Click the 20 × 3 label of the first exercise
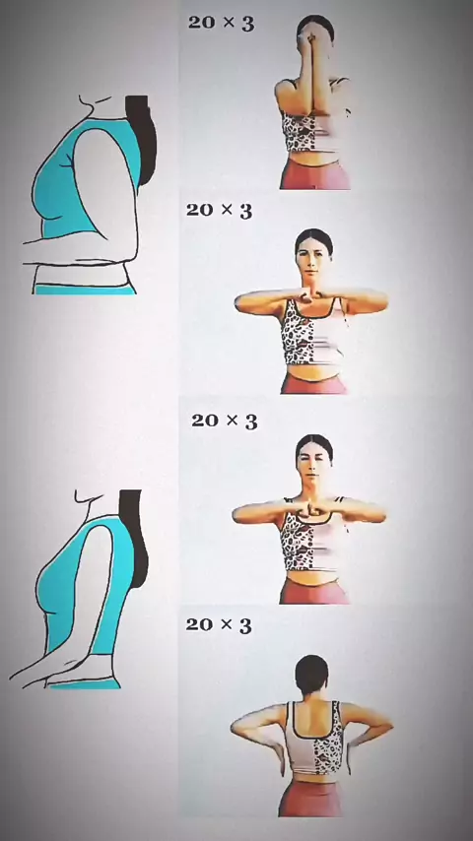(221, 23)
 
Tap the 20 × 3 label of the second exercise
(219, 210)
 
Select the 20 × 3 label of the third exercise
(225, 420)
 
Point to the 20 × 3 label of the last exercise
(219, 625)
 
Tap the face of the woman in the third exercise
(314, 466)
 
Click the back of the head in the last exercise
(312, 675)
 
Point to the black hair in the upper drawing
(142, 141)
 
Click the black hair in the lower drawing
(135, 538)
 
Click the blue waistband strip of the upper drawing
(85, 290)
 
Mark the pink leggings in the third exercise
(314, 591)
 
